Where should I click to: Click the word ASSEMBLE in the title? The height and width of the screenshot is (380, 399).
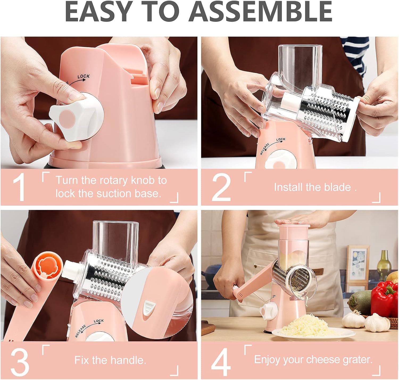click(x=261, y=11)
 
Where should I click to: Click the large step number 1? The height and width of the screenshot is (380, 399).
click(x=19, y=187)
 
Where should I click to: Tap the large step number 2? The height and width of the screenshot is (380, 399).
click(x=221, y=187)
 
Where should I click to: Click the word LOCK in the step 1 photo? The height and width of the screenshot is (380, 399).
click(x=84, y=76)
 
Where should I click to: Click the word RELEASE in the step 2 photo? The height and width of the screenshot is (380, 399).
click(x=264, y=149)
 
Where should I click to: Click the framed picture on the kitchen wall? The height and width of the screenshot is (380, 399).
click(x=358, y=264)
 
